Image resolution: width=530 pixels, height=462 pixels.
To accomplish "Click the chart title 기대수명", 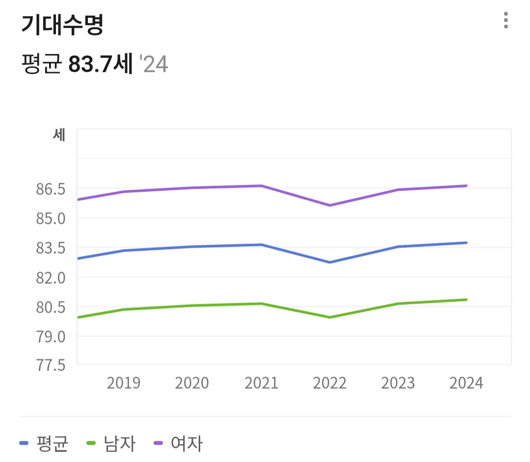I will coord(62,25).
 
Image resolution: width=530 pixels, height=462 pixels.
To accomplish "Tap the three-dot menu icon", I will coord(505,21).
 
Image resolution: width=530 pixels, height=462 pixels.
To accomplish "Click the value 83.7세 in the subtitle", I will coord(101,64).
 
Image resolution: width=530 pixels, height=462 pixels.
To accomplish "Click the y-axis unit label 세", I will coord(59,135).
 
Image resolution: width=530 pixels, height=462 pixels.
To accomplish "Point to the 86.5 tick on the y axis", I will coord(51,189).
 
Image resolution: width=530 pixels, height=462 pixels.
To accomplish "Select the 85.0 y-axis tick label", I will coord(51,218).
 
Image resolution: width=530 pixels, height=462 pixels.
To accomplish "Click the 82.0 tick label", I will coord(51,278).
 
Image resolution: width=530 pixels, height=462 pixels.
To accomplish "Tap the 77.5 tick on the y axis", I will coord(51,365).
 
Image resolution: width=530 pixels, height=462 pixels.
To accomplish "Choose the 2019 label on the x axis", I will coord(124,383).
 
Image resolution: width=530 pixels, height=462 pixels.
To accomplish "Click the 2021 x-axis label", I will coord(261,383).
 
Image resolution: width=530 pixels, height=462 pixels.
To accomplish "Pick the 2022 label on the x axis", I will coord(330,383).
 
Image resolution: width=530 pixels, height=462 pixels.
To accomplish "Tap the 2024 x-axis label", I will coord(466,383).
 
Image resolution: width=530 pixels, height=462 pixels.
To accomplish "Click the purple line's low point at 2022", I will coord(330,205).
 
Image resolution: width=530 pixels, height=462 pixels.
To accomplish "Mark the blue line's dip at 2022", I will coord(330,262).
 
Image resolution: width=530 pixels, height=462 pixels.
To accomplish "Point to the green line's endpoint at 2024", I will coord(466,300).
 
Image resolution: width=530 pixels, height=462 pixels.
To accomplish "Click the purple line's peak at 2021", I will coord(262,186).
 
